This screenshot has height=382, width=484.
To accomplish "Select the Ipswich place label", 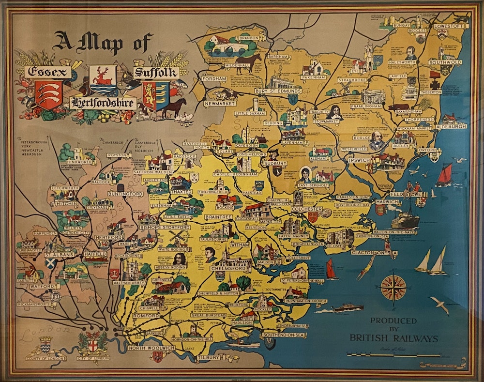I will [x=359, y=160].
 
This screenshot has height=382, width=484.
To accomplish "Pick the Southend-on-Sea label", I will [x=284, y=335].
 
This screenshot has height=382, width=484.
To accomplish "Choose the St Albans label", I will [x=59, y=254].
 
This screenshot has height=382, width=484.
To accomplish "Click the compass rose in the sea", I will [x=393, y=288].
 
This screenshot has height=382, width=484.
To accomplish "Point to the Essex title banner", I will [x=47, y=73].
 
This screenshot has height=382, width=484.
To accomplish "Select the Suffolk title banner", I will [x=156, y=73].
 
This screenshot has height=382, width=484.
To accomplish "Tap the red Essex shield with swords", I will [x=48, y=94].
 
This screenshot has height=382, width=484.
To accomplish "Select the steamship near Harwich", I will [x=405, y=221].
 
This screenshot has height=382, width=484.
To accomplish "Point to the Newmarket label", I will [x=220, y=104].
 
